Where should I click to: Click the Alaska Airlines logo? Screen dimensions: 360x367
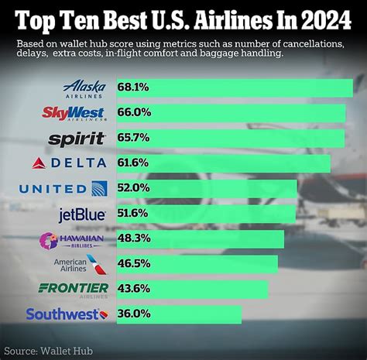click(x=84, y=88)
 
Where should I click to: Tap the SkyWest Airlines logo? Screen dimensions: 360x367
click(x=73, y=114)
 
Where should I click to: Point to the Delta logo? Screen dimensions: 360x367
click(x=69, y=163)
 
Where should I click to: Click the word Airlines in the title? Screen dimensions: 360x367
click(x=239, y=18)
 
